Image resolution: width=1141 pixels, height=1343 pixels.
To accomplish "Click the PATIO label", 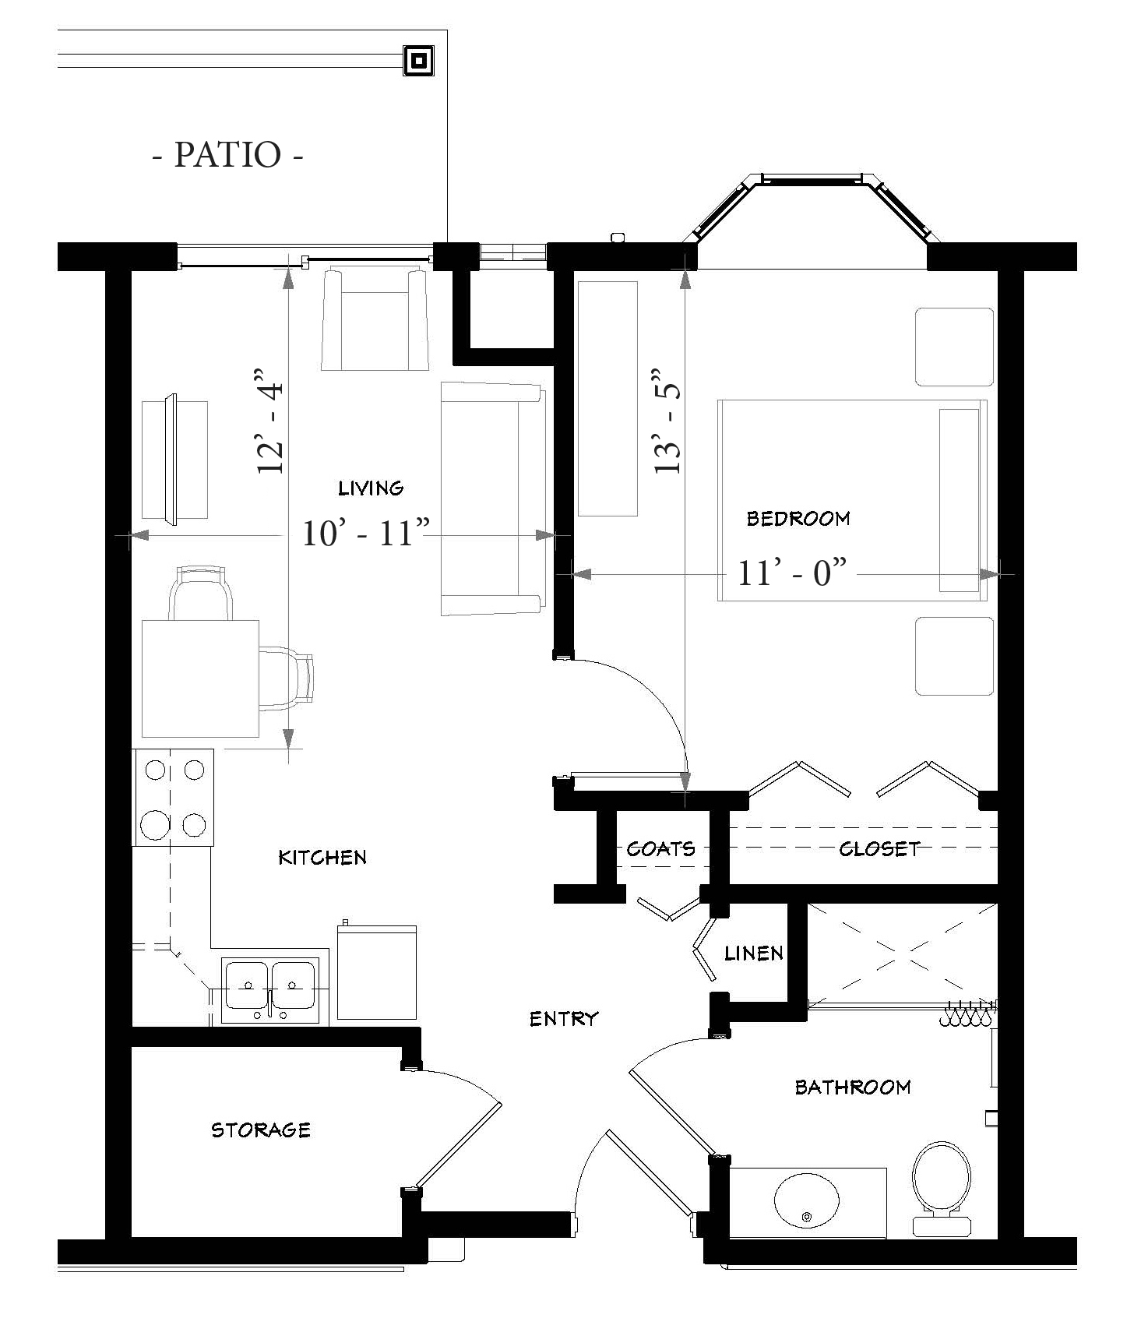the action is (x=227, y=154).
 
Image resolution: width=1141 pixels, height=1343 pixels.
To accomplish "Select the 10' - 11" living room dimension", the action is (x=366, y=534).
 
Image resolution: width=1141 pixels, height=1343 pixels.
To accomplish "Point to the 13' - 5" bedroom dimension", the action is (x=667, y=421).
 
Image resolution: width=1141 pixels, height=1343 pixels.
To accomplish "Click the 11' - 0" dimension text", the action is (x=791, y=573).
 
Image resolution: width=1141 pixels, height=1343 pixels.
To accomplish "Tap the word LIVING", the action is (x=371, y=488).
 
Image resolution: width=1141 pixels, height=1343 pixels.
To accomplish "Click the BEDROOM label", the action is (x=798, y=518).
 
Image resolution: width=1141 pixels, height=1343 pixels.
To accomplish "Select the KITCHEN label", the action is (x=322, y=858).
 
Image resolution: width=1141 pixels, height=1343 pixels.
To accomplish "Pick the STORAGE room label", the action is (x=261, y=1130).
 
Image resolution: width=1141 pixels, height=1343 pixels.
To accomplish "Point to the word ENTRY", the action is (x=564, y=1018).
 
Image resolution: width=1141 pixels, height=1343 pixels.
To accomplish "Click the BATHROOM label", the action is (x=853, y=1087).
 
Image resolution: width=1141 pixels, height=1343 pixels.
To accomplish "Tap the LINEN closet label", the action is (x=753, y=953).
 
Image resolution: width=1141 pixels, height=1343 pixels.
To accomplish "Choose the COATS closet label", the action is (x=660, y=848).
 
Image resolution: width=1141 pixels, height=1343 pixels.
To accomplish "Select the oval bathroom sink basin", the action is (x=807, y=1199).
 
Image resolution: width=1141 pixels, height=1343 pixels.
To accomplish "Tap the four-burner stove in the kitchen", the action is (x=173, y=797).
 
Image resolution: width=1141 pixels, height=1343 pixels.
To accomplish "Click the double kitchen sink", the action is (x=269, y=990).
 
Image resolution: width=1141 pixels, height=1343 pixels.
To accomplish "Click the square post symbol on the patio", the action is (x=418, y=61).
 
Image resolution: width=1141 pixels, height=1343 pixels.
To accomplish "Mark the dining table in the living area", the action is (x=200, y=679).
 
